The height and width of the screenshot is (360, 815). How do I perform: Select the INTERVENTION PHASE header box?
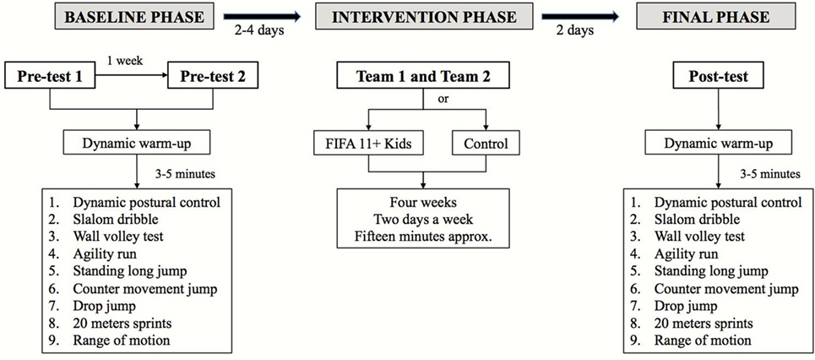tap(424, 17)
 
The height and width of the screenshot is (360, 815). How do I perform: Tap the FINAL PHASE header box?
tap(719, 17)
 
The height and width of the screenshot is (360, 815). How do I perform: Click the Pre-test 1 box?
tap(50, 76)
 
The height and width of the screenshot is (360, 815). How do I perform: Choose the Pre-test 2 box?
tap(213, 76)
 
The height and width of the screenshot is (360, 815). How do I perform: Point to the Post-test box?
tap(719, 76)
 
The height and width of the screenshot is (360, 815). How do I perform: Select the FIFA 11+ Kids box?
tap(368, 144)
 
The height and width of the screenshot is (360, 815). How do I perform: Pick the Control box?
tap(486, 144)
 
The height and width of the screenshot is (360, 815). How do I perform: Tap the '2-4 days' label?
tap(258, 30)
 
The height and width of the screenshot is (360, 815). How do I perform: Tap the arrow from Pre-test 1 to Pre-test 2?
tap(132, 76)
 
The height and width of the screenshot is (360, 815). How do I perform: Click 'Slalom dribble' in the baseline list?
tap(108, 219)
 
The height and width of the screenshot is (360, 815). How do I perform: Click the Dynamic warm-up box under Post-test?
tap(719, 144)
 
